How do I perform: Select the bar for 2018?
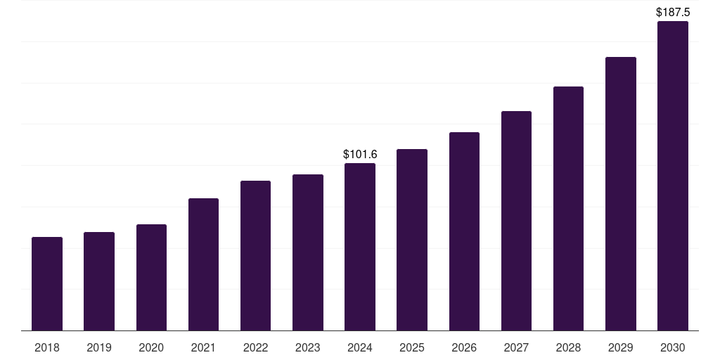(47, 284)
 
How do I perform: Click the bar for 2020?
(152, 277)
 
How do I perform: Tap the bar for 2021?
(203, 264)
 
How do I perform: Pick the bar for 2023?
(308, 252)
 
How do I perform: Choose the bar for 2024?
(360, 247)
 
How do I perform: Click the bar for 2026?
(464, 231)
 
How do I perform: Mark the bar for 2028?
(568, 208)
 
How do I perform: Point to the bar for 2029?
(621, 194)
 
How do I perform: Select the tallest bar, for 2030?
(673, 176)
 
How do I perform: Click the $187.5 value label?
(673, 13)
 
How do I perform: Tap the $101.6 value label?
(360, 154)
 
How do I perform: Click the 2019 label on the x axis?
(99, 347)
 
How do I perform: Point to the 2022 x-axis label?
(255, 347)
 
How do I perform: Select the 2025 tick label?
(412, 347)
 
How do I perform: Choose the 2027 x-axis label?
(516, 347)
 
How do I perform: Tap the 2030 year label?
(673, 347)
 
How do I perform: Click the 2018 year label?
(47, 347)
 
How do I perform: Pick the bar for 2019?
(99, 281)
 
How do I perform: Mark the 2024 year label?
(360, 347)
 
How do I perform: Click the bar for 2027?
(516, 221)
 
